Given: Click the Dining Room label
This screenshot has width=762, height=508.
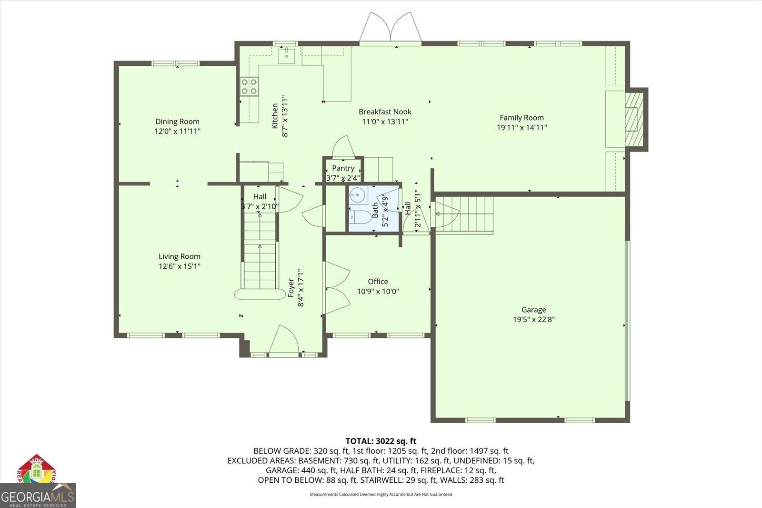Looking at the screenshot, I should [x=177, y=122].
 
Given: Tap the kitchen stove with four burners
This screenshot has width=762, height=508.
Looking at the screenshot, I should [x=249, y=87].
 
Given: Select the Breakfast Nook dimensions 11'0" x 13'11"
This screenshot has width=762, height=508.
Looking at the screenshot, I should [x=385, y=122].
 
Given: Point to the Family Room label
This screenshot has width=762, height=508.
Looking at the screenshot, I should [x=521, y=118].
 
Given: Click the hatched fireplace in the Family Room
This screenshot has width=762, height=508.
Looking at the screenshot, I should [x=634, y=119].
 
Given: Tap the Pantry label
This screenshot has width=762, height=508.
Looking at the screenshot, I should [x=343, y=168].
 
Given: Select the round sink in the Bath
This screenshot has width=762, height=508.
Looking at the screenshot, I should [x=358, y=194].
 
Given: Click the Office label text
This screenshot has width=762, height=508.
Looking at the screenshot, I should [x=378, y=282].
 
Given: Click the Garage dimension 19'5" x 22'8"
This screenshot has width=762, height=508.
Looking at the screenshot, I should [x=533, y=320].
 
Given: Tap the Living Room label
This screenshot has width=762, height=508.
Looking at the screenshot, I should [x=179, y=256].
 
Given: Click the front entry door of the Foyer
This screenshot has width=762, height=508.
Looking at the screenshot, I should [x=283, y=341].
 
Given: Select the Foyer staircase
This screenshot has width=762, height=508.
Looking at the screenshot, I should [x=260, y=253].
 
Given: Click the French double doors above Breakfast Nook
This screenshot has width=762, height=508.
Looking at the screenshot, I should [x=390, y=29].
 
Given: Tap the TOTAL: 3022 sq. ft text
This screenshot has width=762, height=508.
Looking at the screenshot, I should [x=381, y=441].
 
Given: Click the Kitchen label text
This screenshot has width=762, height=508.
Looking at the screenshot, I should [x=275, y=116].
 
